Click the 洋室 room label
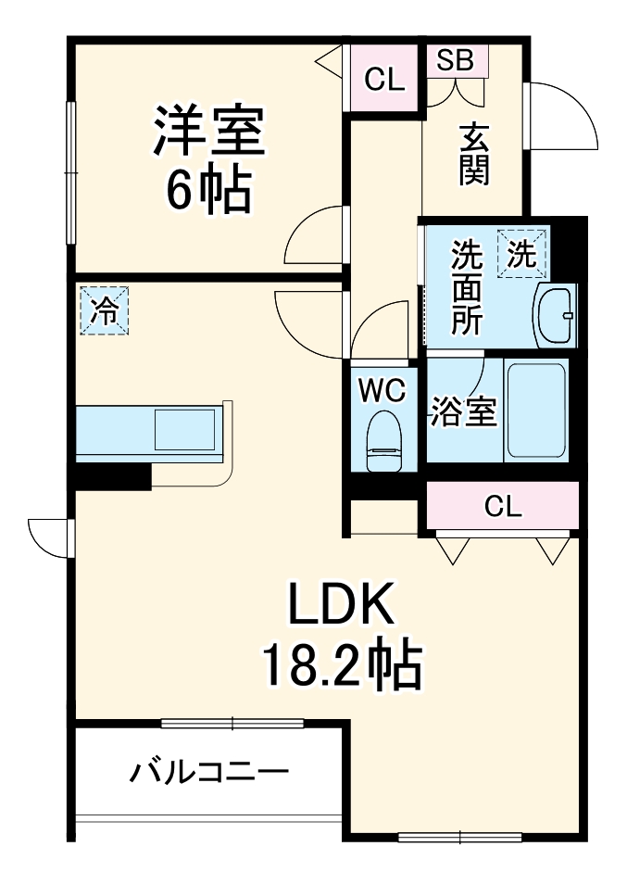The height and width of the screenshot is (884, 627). (209, 133)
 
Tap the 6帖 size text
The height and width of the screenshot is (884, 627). (209, 189)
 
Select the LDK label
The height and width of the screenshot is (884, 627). (341, 607)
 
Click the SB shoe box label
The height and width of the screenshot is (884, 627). (456, 60)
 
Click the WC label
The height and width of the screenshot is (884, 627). (382, 392)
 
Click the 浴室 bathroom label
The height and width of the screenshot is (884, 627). (463, 412)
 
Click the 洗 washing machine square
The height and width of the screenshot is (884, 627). (522, 254)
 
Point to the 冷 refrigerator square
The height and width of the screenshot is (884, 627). (104, 309)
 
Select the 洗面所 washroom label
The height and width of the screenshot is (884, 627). (467, 287)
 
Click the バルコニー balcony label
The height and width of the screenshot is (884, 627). (209, 771)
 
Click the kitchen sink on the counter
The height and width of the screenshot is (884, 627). (184, 431)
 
